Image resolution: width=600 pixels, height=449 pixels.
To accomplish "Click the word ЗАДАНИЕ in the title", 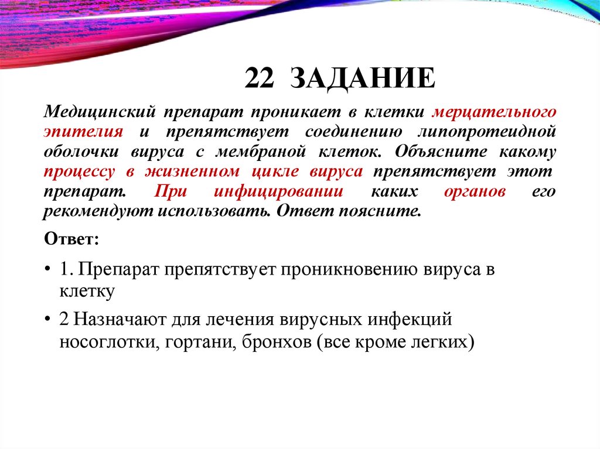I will [x=363, y=78].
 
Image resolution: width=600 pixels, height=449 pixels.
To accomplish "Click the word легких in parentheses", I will [x=437, y=341].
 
